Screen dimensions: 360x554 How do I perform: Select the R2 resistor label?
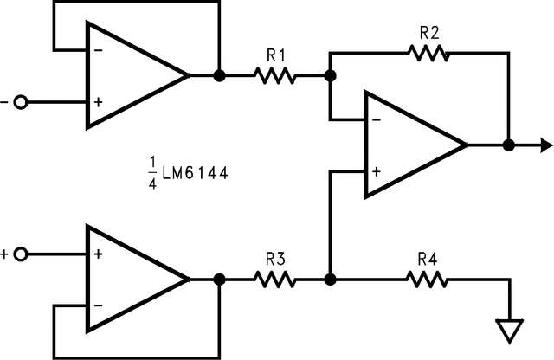pos(428,33)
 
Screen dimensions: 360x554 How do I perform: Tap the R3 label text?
pos(275,259)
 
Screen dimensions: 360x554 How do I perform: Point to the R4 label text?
pos(428,259)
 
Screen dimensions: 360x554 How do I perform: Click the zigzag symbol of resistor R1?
pos(275,76)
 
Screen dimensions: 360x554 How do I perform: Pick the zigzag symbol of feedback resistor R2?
pos(428,53)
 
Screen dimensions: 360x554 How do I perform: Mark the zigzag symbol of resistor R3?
pos(275,280)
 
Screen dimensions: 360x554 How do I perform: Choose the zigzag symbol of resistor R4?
pos(428,280)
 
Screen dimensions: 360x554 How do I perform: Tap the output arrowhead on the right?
pos(543,145)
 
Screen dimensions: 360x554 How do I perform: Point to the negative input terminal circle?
pos(21,102)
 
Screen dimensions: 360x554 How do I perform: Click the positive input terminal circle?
pos(21,254)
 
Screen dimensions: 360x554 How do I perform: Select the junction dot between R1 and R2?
pos(330,76)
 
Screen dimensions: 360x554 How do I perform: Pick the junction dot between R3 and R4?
pos(330,280)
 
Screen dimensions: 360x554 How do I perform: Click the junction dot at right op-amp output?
pos(509,145)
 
